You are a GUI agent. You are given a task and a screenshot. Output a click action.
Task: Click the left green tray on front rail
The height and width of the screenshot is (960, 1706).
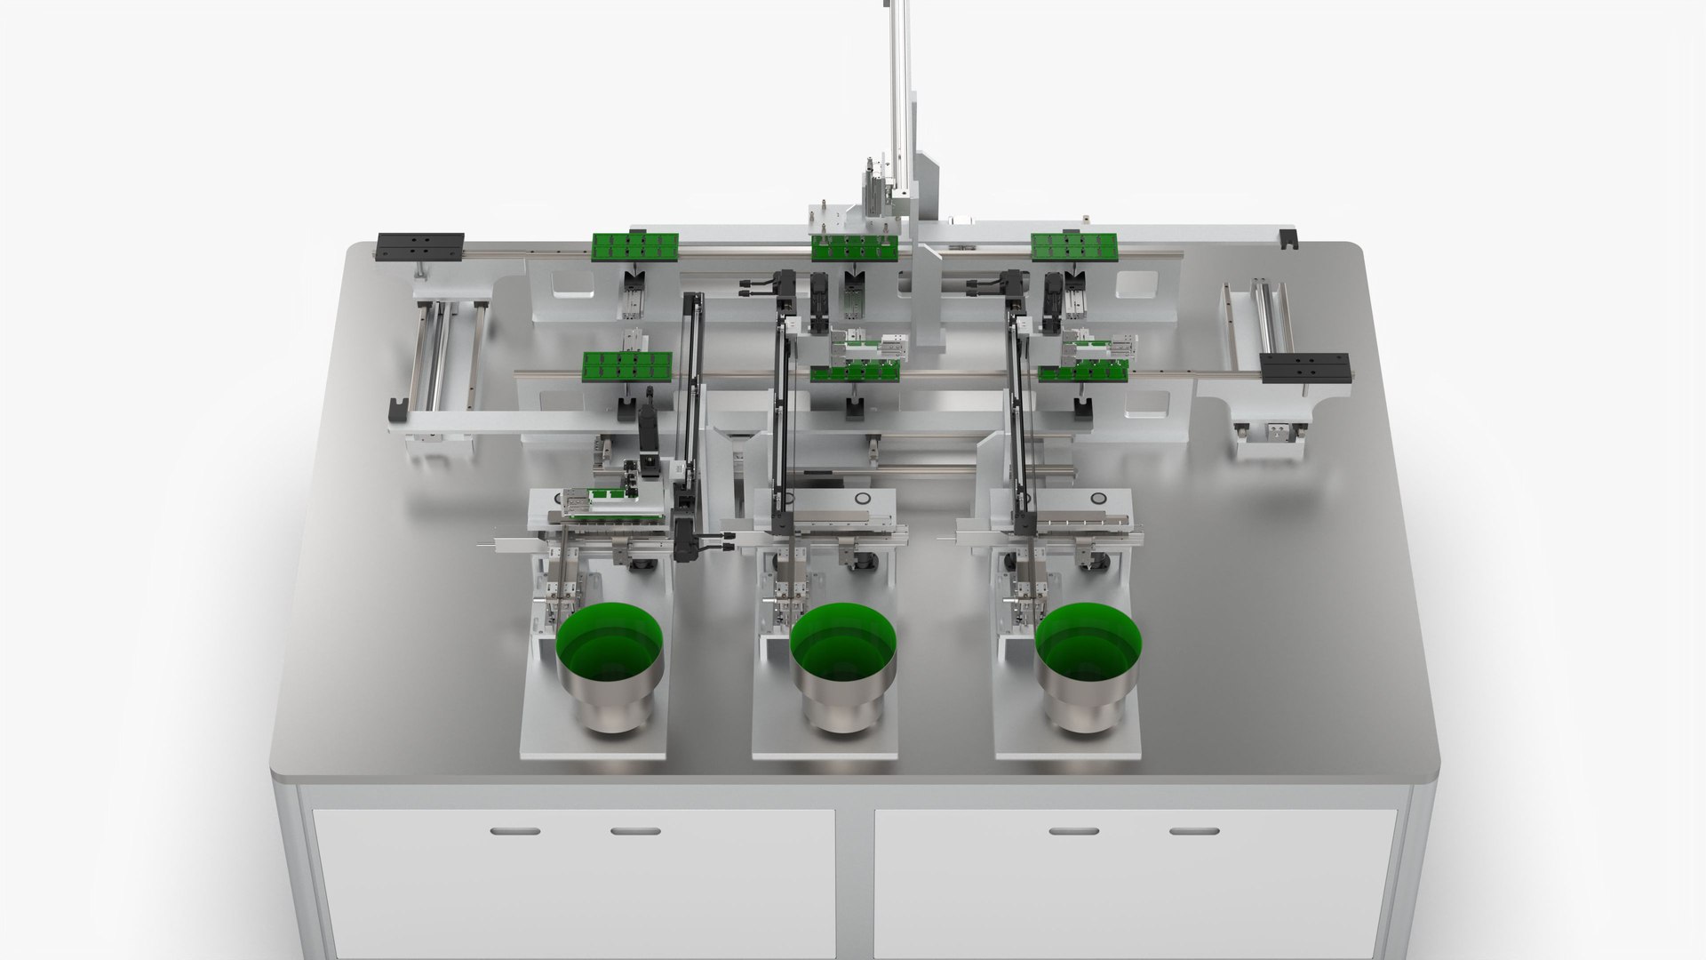point(626,364)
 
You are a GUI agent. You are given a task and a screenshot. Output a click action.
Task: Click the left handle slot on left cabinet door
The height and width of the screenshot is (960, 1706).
point(514,831)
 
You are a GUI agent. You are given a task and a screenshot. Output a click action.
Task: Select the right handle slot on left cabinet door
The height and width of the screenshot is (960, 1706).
point(635,831)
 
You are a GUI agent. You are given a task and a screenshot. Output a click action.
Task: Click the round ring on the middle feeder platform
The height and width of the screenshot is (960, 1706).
point(863,500)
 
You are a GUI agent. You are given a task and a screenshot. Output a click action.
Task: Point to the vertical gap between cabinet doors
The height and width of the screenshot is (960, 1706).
point(855,880)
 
